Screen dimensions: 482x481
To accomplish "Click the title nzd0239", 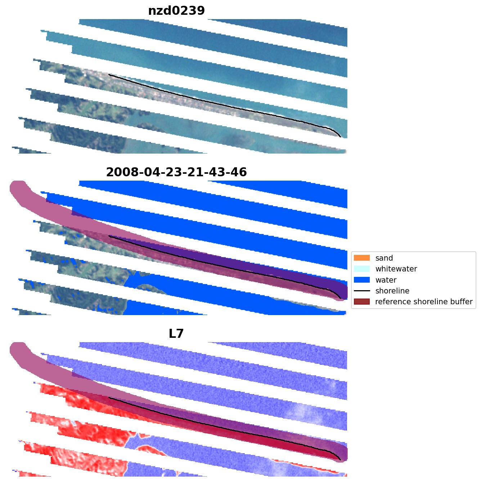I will [x=176, y=11].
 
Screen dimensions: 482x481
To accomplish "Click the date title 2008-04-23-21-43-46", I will [x=176, y=172].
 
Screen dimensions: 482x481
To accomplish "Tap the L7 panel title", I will [x=176, y=334].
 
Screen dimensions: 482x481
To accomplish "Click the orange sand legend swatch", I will [x=362, y=258].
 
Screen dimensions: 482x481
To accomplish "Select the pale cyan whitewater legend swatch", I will [x=362, y=269].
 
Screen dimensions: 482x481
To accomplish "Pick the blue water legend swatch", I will [x=362, y=280].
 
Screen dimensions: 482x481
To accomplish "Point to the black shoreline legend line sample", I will [x=362, y=291].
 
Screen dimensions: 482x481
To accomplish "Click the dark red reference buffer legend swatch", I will [x=362, y=302].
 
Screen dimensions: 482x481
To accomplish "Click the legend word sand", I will [x=384, y=258].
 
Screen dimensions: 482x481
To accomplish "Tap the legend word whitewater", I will [x=396, y=269].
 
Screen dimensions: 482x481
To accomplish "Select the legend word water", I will [x=386, y=280].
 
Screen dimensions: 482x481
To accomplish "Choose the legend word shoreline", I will [x=392, y=291].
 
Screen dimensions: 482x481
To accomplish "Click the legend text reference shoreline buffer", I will [x=424, y=302].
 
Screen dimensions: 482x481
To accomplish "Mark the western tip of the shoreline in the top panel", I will [x=109, y=75].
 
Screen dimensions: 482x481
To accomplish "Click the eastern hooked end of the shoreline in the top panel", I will [x=340, y=137].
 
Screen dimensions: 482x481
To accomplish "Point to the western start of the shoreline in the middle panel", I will [x=109, y=236].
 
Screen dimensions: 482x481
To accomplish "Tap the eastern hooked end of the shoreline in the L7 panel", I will [x=340, y=460].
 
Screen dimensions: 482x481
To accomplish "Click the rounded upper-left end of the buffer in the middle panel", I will [x=17, y=188].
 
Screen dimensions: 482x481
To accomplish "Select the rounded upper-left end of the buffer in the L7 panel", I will [x=17, y=349].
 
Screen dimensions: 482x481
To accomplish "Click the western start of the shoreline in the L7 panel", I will [x=109, y=398].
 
